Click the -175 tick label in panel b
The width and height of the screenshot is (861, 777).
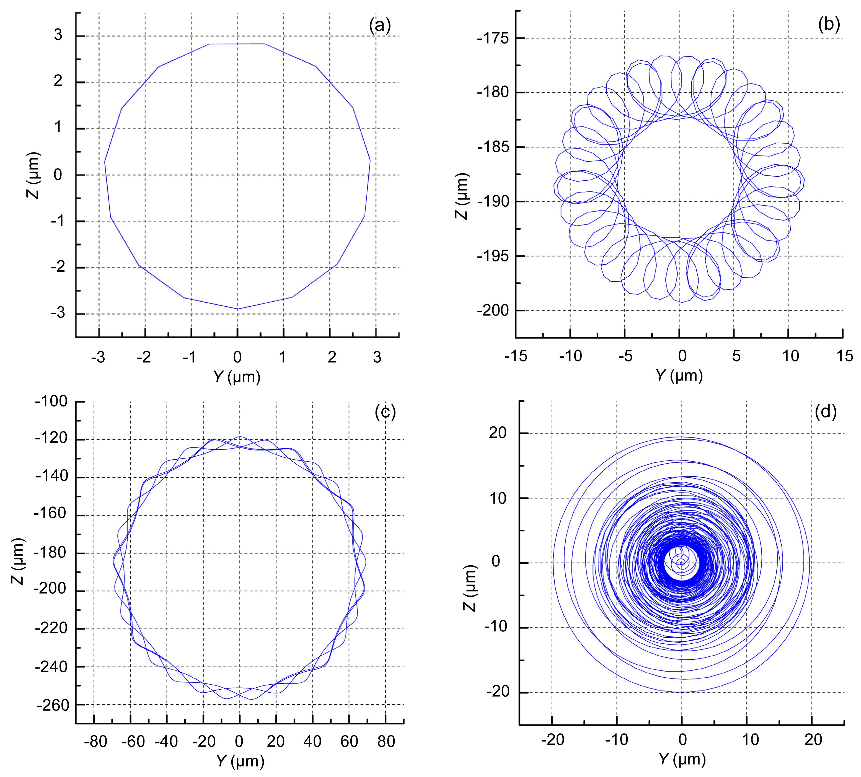click(x=493, y=38)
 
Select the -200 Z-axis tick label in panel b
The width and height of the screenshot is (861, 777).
click(x=493, y=310)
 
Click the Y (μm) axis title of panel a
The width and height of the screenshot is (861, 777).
click(x=237, y=377)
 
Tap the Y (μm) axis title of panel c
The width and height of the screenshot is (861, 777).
click(x=240, y=760)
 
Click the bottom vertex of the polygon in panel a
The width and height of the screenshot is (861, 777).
click(x=238, y=309)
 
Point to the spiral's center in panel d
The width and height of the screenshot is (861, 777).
click(x=682, y=563)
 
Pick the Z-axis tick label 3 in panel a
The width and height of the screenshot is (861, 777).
click(x=58, y=35)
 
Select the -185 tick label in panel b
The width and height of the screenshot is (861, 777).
click(x=493, y=147)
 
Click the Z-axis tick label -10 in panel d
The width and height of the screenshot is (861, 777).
click(x=495, y=627)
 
